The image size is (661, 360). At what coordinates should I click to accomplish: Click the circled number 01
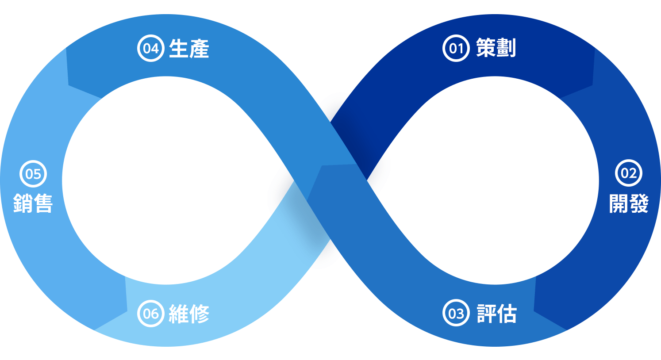pyautogui.click(x=456, y=48)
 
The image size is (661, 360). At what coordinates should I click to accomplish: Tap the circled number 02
pyautogui.click(x=628, y=173)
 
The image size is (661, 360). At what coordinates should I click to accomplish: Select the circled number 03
pyautogui.click(x=456, y=313)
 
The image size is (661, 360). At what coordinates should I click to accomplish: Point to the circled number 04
pyautogui.click(x=150, y=48)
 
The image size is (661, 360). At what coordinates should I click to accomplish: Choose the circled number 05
pyautogui.click(x=33, y=174)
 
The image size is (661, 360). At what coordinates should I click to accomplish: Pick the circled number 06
pyautogui.click(x=150, y=313)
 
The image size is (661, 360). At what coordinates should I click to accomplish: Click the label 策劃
pyautogui.click(x=496, y=48)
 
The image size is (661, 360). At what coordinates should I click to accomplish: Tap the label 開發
pyautogui.click(x=628, y=203)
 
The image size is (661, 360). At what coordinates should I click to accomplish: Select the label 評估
pyautogui.click(x=496, y=313)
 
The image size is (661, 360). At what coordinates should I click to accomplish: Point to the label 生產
pyautogui.click(x=189, y=48)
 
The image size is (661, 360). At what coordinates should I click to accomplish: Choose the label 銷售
pyautogui.click(x=33, y=203)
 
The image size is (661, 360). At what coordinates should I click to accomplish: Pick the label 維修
pyautogui.click(x=189, y=314)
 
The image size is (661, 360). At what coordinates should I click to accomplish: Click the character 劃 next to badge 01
pyautogui.click(x=506, y=48)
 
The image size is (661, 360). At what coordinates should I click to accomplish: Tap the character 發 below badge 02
pyautogui.click(x=638, y=203)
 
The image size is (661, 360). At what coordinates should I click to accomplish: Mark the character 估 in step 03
pyautogui.click(x=507, y=313)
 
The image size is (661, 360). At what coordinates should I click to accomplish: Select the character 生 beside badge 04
pyautogui.click(x=179, y=48)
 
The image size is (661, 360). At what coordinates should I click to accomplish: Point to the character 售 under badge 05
pyautogui.click(x=43, y=203)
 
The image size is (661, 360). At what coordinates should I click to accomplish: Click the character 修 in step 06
pyautogui.click(x=199, y=314)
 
